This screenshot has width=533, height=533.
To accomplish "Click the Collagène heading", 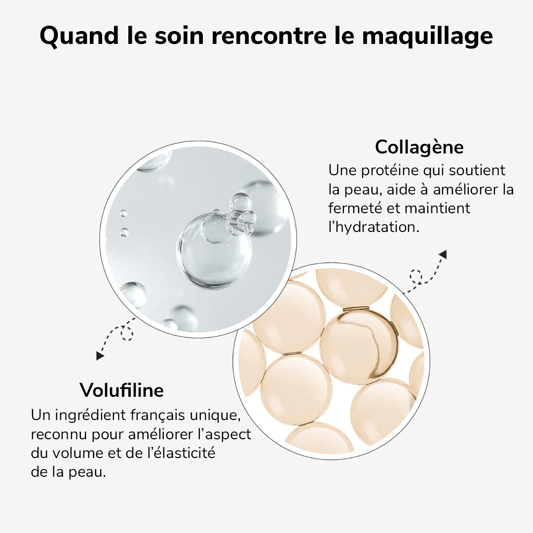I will point(419,148).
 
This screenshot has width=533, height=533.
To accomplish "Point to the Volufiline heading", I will point(121,390).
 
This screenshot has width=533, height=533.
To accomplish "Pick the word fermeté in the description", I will point(355,208).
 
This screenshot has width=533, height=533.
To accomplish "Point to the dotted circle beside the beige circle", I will point(416,276).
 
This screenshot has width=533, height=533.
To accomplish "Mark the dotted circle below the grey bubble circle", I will point(127,334).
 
